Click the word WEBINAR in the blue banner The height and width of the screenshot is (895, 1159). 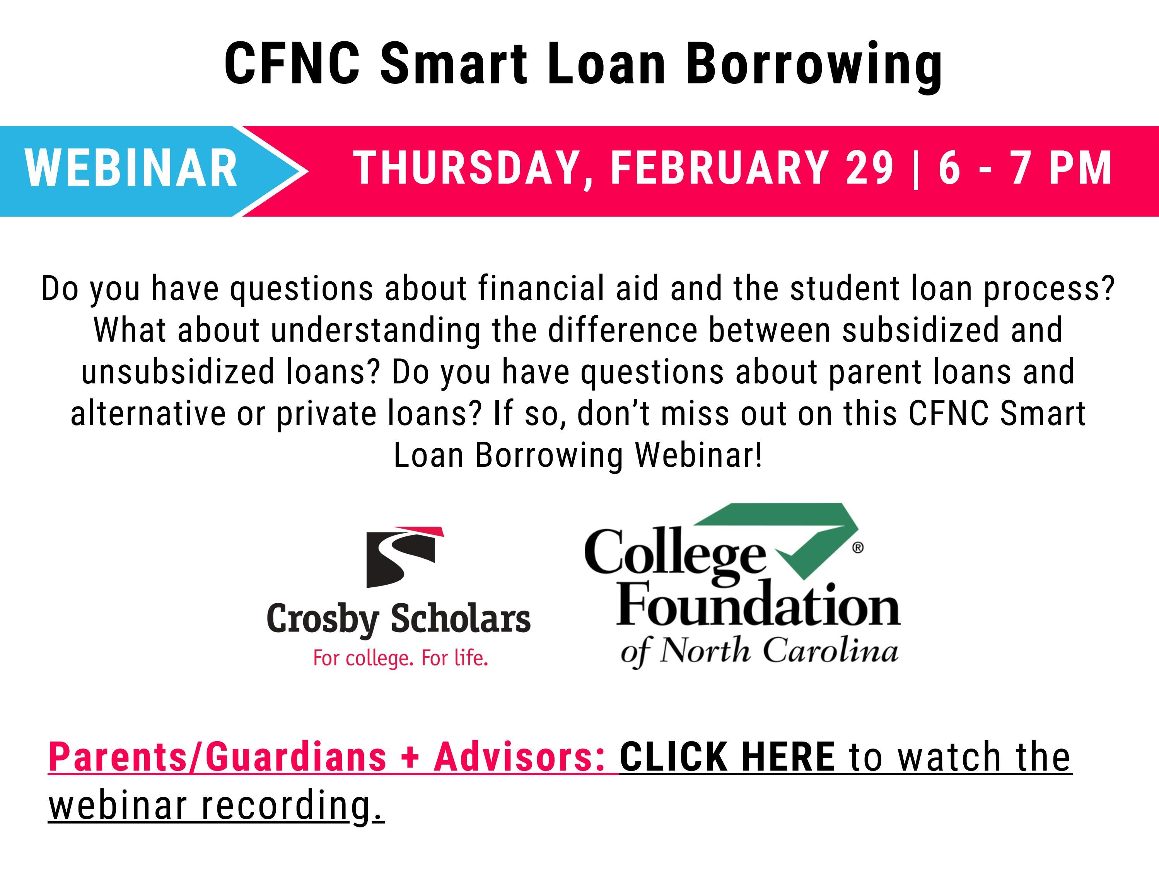tap(131, 168)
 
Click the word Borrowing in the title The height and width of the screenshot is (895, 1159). tap(814, 65)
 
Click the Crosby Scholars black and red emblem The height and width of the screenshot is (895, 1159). tap(403, 557)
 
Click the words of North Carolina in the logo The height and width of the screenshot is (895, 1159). tap(759, 651)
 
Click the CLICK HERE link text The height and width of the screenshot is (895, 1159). tap(727, 757)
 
